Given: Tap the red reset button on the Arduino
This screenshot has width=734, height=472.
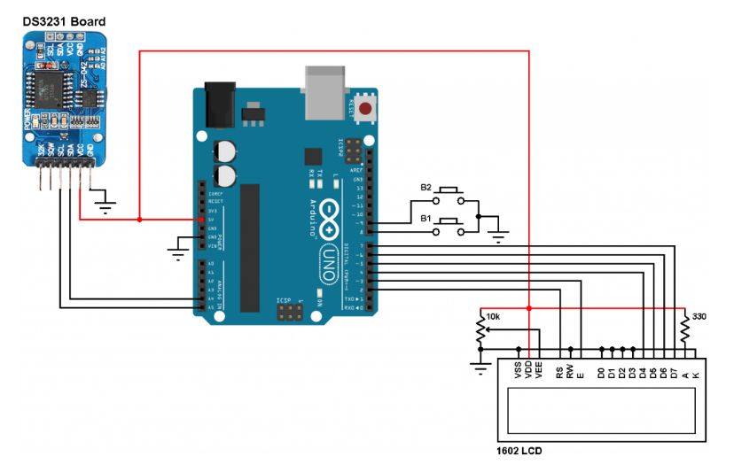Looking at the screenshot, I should [364, 107].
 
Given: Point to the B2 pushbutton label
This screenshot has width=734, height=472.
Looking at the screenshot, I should [426, 188].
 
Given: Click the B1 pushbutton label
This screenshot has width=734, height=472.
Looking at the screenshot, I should [426, 218].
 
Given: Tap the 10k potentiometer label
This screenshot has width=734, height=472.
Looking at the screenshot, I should [494, 316].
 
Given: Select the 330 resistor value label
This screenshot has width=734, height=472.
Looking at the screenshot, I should [699, 316].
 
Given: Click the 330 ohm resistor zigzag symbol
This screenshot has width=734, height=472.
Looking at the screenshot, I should [684, 329].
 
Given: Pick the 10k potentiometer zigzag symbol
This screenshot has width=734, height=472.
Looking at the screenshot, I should [480, 331].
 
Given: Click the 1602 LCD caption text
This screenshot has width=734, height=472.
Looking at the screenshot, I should [519, 451].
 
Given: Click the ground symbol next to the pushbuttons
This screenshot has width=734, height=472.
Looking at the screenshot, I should [498, 236].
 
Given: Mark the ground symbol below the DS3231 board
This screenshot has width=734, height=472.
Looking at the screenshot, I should [106, 209].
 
